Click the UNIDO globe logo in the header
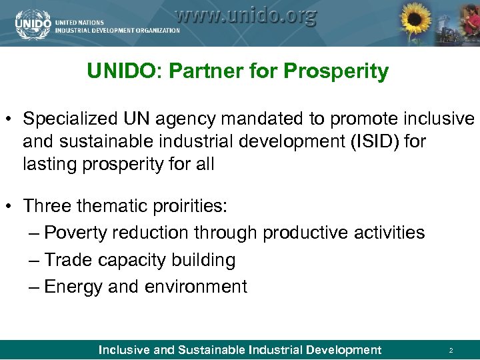[x=32, y=23]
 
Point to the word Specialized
[x=71, y=119]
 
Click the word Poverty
[x=76, y=233]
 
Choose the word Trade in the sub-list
[x=68, y=260]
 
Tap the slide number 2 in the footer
[x=451, y=350]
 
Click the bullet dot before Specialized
[x=9, y=121]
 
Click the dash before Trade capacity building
[x=35, y=260]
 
